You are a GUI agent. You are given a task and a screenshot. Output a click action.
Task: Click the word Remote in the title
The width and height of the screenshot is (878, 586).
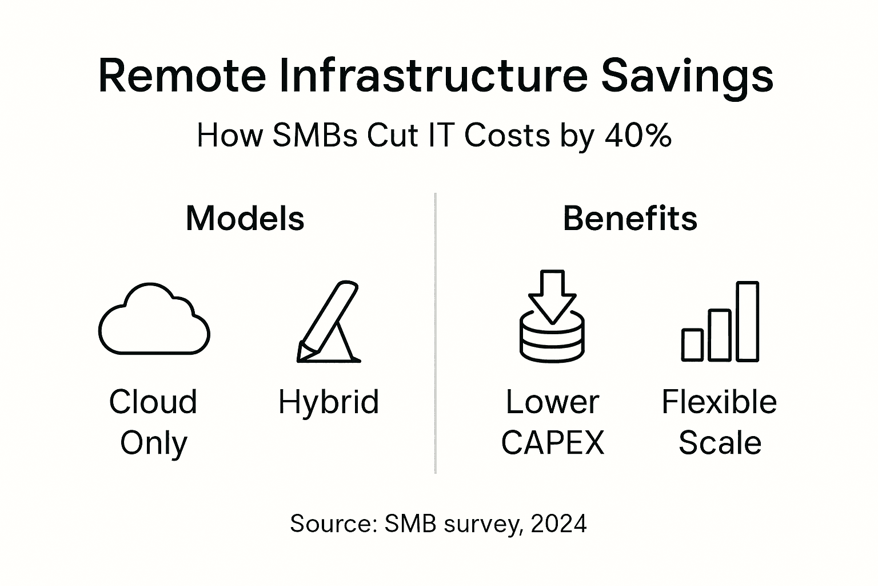click(182, 76)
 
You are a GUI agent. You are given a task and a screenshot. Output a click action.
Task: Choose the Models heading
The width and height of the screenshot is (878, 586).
click(245, 218)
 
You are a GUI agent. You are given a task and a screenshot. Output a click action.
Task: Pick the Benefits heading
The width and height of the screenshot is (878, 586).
click(630, 218)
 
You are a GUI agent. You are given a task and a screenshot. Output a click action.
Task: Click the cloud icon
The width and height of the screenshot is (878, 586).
click(154, 320)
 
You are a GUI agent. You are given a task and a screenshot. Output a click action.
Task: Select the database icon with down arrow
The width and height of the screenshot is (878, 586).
click(552, 318)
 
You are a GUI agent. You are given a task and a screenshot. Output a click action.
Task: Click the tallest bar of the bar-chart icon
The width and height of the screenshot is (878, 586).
click(747, 321)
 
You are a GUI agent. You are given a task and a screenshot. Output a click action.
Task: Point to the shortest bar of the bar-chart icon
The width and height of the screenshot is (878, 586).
click(693, 345)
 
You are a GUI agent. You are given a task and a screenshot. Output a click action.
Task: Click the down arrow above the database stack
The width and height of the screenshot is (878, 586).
click(552, 295)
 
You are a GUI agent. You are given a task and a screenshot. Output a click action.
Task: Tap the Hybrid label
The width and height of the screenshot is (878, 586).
click(329, 402)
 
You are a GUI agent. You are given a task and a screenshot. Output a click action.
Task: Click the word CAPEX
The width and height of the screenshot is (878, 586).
click(552, 442)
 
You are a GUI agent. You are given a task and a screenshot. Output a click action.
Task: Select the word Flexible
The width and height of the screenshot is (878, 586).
click(719, 402)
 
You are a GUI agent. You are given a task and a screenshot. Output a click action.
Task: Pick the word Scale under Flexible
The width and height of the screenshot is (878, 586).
click(720, 442)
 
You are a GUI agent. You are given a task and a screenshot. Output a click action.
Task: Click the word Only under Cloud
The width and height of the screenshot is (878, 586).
click(154, 442)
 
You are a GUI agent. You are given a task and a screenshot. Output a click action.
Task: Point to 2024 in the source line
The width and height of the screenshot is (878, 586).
click(558, 523)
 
